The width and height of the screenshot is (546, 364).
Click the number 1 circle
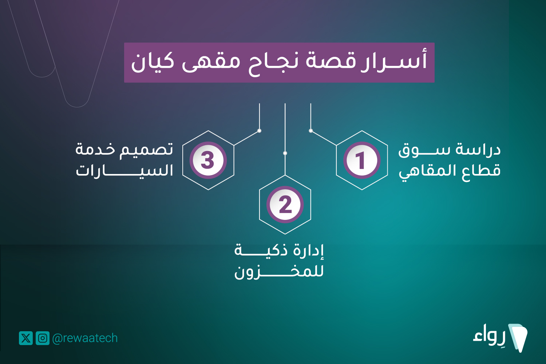[x=362, y=160]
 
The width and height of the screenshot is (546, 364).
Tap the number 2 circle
[x=285, y=205]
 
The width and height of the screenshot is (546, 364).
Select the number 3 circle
[x=208, y=160]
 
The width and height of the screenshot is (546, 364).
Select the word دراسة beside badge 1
[x=479, y=149]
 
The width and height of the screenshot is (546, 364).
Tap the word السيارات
[x=124, y=171]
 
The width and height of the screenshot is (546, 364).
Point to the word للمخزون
[x=279, y=272]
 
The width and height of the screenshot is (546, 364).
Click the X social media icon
[x=26, y=338]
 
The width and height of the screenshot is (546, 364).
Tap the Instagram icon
[x=43, y=338]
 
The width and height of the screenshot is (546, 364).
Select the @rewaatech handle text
[x=85, y=339]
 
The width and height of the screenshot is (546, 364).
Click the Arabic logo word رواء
[x=489, y=335]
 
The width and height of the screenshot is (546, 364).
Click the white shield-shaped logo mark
[x=518, y=338]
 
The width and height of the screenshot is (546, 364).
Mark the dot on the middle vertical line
[x=285, y=153]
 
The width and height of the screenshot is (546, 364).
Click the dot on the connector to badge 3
[x=259, y=131]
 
